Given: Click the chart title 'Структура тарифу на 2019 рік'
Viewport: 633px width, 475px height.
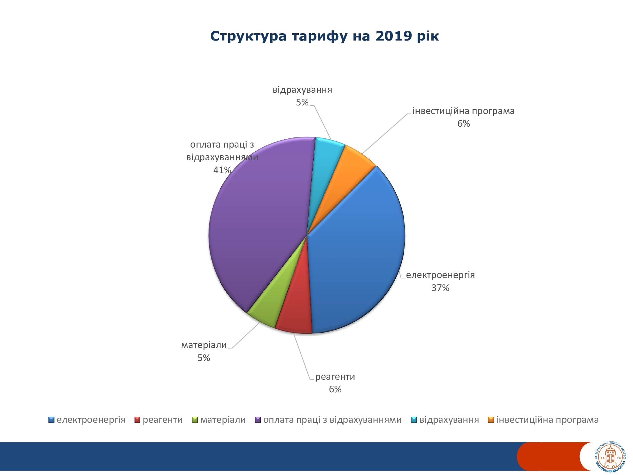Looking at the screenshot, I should [324, 36].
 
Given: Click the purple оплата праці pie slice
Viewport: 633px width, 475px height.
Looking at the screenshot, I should [263, 222].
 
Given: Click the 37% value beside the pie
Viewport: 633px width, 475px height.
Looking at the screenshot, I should [440, 288].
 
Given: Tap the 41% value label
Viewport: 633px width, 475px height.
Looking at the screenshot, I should [222, 170].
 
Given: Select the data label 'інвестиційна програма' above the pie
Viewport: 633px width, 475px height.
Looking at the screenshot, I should [463, 111].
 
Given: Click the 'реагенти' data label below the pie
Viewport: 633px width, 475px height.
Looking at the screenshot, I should [335, 377].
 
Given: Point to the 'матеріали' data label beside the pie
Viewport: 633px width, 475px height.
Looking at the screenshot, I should [204, 345].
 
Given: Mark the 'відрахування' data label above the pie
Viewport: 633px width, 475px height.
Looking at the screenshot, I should [302, 90].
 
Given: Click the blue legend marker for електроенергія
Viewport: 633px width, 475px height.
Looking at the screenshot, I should [51, 420].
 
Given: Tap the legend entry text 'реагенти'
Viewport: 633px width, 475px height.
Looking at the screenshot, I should [163, 420].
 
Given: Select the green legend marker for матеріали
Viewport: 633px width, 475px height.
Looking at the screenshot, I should [195, 420].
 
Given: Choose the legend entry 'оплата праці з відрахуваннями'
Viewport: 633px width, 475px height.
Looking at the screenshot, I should [332, 420].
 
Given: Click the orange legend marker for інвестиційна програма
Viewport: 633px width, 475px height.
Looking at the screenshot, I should [491, 420].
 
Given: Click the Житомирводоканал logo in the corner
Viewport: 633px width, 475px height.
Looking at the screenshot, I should [610, 457].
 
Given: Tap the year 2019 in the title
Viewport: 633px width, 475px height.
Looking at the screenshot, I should [394, 36].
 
